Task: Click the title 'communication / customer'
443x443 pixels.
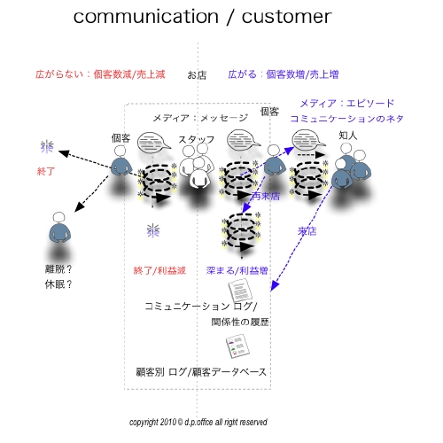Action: tap(202, 17)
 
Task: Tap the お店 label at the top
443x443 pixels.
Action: tap(197, 75)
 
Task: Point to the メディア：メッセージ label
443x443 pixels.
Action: tap(200, 118)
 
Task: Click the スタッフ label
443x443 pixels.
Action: tap(196, 139)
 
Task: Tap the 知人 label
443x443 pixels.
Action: tap(348, 136)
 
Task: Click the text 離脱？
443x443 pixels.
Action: tap(58, 268)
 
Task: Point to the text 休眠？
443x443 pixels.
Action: tap(58, 284)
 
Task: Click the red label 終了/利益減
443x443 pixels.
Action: tap(159, 269)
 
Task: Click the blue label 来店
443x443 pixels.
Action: tap(307, 232)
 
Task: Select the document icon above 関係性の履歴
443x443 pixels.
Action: tap(239, 291)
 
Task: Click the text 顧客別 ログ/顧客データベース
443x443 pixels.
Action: tap(201, 371)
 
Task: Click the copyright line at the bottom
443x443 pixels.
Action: tap(198, 422)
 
